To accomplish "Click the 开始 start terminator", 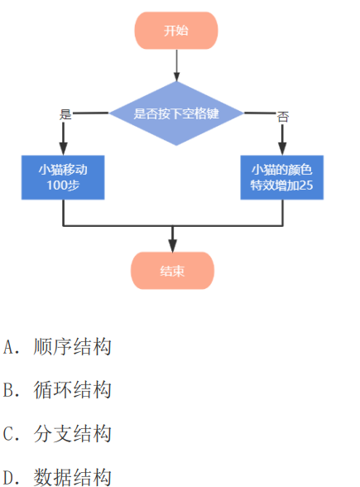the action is [x=176, y=31].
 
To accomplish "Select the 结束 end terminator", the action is [x=172, y=271].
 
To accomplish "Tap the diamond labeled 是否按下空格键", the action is [x=176, y=113].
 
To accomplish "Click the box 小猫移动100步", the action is [x=63, y=177].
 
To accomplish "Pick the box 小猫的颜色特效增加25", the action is [x=281, y=177].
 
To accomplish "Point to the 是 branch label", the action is [x=65, y=114].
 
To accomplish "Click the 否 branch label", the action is [x=283, y=117].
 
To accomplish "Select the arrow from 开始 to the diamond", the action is [x=176, y=65].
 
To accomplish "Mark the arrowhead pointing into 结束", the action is [x=172, y=246].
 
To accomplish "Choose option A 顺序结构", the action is [x=57, y=346].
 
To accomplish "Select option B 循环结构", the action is [x=57, y=390].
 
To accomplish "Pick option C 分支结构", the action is [x=57, y=434].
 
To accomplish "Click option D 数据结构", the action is [x=57, y=477].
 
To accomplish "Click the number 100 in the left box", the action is [x=55, y=186].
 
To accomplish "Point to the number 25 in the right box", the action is [x=306, y=186].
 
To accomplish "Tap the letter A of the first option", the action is [x=7, y=347].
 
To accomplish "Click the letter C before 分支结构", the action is [x=7, y=434].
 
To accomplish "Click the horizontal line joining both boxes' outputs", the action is [x=173, y=226].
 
